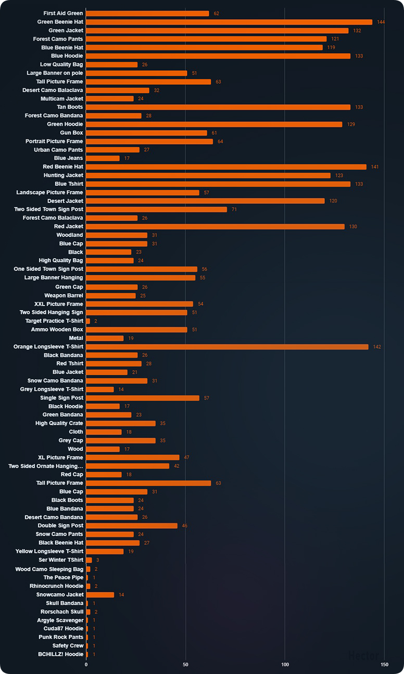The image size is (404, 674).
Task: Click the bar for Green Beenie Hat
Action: (229, 22)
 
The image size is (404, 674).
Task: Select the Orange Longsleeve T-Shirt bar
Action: (228, 347)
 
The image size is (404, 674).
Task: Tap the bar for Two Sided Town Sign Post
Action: (157, 209)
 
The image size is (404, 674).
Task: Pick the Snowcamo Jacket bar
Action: (100, 594)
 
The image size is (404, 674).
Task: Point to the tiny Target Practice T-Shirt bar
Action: (88, 321)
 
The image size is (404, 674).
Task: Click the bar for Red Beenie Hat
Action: (226, 167)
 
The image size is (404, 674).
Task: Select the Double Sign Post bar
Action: (132, 526)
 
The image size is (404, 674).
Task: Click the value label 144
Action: (381, 22)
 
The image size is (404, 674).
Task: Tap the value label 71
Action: (234, 209)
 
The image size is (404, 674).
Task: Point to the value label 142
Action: (377, 347)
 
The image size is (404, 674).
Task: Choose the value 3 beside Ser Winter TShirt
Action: (97, 560)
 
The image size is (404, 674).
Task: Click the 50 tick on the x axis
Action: (185, 664)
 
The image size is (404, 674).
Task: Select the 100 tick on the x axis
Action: (285, 664)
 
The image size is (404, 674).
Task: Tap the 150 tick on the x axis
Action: (384, 664)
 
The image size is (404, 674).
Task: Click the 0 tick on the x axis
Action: (86, 664)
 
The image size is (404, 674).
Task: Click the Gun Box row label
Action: (72, 133)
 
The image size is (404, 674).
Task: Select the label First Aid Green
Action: (63, 13)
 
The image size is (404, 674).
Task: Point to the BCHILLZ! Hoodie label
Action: (61, 654)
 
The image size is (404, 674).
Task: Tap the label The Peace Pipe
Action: (64, 577)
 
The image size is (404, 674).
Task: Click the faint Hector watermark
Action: (363, 655)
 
